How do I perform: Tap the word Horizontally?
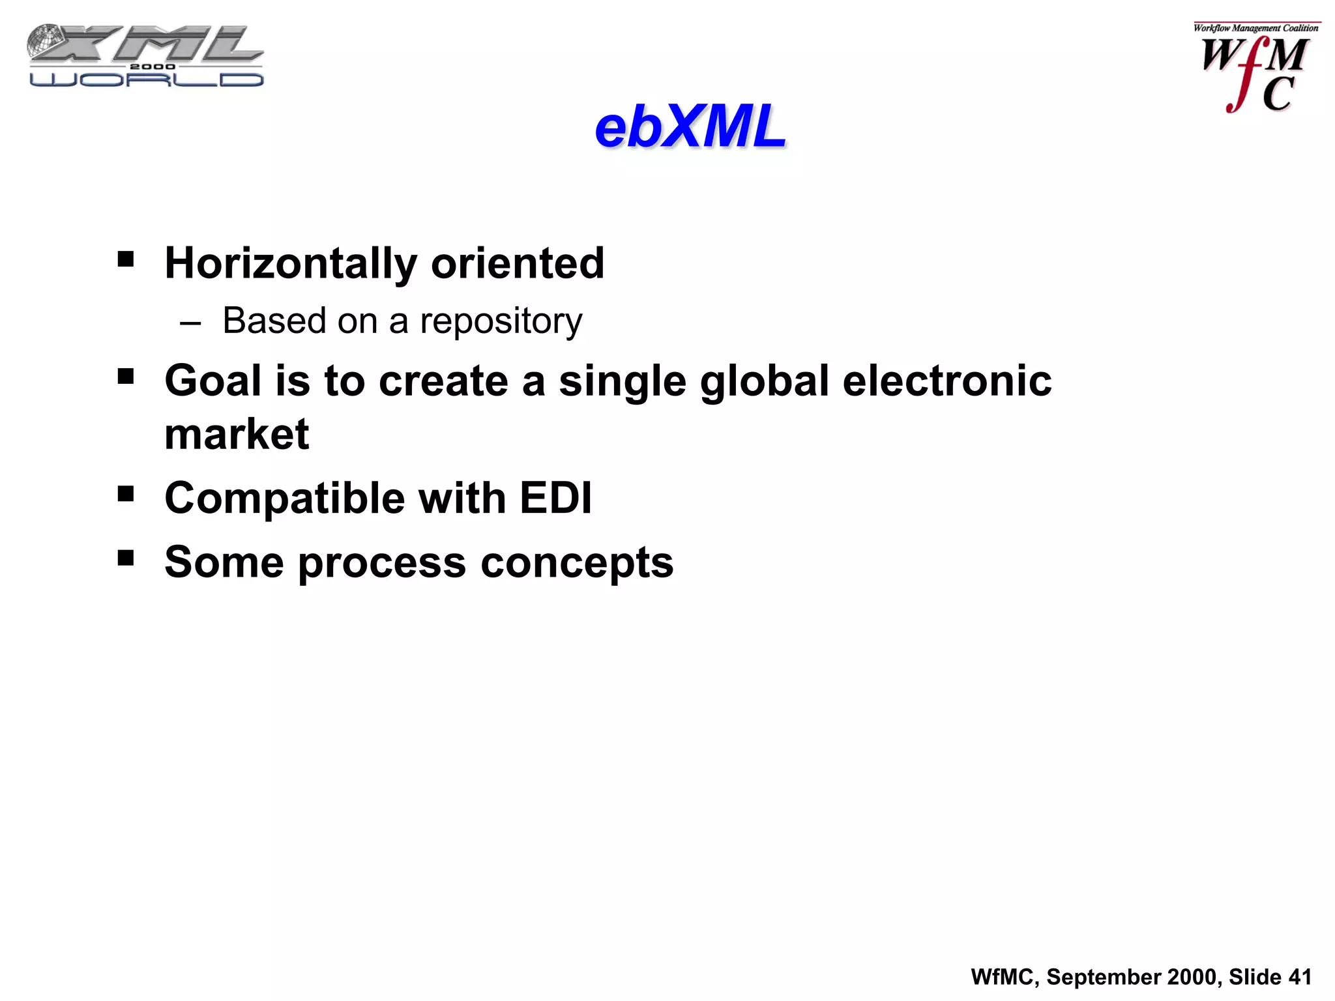291,264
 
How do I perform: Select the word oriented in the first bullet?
518,263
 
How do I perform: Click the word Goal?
213,381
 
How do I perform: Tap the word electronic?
946,381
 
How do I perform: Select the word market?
237,434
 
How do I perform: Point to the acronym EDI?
555,498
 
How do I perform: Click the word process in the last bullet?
382,563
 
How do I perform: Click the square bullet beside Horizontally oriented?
126,260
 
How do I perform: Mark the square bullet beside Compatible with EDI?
126,493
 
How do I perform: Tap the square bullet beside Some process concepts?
126,558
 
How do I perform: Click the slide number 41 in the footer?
1300,977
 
